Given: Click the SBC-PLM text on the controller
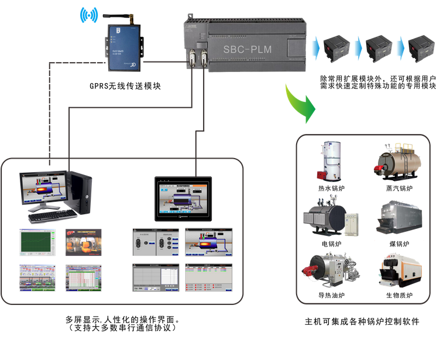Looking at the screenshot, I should coord(247,49).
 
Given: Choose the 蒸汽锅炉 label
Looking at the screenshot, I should coord(399,188).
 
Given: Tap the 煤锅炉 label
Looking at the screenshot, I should coord(399,243).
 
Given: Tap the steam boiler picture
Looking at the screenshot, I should coord(398,160).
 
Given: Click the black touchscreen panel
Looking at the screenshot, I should coord(185,198).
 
